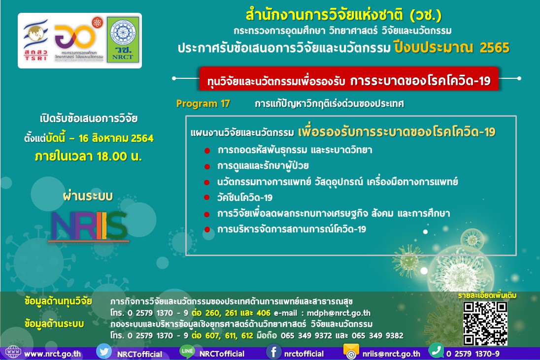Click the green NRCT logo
[x=123, y=40]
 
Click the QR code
[x=485, y=323]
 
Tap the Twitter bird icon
[x=104, y=352]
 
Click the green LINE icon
[x=187, y=352]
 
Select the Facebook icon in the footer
[x=273, y=353]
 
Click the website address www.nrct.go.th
[x=53, y=354]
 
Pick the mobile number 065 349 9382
[x=379, y=336]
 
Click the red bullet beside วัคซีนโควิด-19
[x=207, y=198]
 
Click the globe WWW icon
[x=12, y=352]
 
